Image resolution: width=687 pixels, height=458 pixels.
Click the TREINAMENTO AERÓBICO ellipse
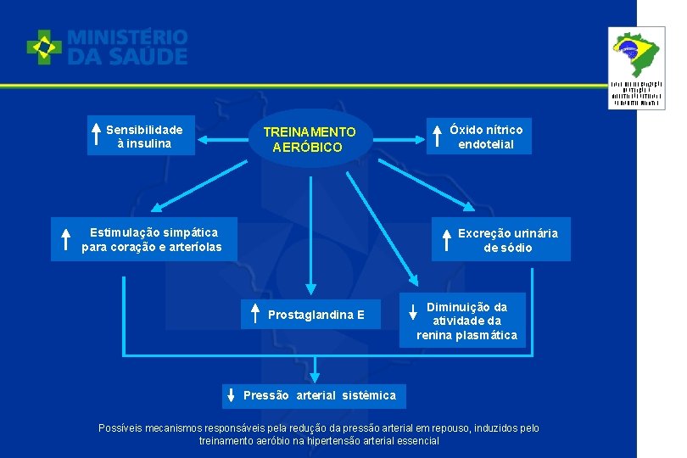(x=310, y=139)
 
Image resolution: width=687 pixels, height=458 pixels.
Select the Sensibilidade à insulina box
(x=143, y=137)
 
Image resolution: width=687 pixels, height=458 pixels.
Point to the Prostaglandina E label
(x=316, y=315)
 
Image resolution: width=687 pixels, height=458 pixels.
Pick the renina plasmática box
(x=466, y=321)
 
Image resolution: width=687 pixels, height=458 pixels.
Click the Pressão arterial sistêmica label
(x=319, y=395)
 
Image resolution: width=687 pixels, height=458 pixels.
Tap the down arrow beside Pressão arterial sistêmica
(x=231, y=395)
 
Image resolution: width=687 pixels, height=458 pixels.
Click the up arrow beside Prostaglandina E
(x=255, y=314)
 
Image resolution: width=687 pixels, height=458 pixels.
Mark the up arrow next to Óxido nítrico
(x=438, y=137)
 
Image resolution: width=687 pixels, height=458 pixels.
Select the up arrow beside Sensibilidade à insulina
(x=97, y=136)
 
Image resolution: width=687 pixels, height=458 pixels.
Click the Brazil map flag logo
(x=636, y=53)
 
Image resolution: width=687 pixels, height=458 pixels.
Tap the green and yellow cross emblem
(x=43, y=47)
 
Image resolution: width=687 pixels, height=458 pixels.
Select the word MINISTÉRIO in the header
(x=127, y=37)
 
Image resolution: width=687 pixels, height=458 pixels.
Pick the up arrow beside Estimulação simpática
(x=65, y=239)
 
